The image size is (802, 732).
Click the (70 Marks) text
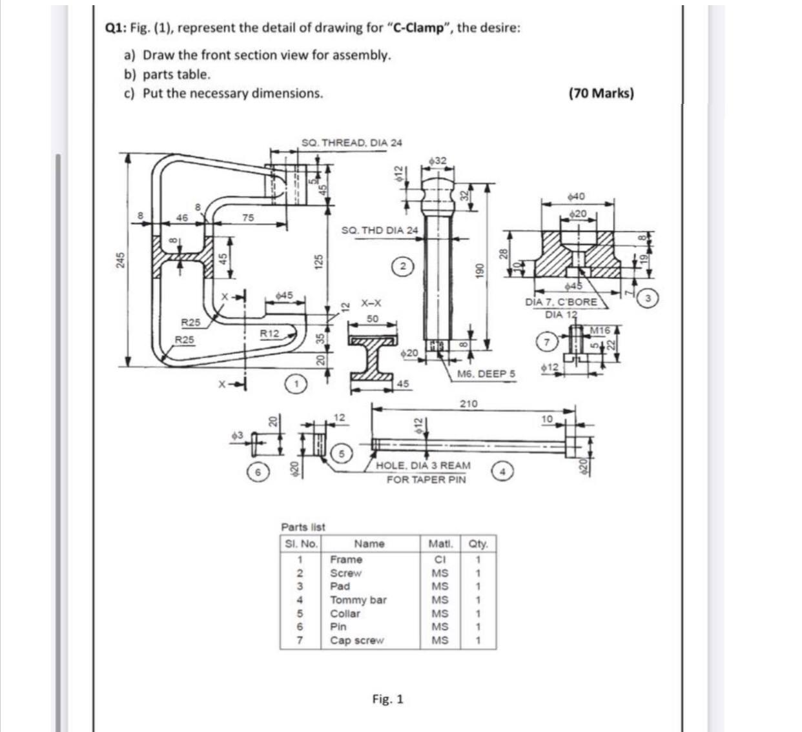[601, 94]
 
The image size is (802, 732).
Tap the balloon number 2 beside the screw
[403, 265]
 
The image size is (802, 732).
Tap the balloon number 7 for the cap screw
[548, 342]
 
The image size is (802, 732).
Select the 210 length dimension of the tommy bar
[468, 404]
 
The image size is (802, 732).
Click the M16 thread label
[600, 330]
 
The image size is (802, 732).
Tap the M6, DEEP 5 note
[486, 374]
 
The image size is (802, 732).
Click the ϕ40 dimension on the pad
[576, 196]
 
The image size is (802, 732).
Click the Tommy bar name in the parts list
[358, 600]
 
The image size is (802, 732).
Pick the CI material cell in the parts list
[440, 559]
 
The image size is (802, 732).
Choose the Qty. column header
[479, 544]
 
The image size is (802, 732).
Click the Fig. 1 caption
[388, 699]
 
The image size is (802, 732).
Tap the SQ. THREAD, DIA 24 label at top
[352, 142]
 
